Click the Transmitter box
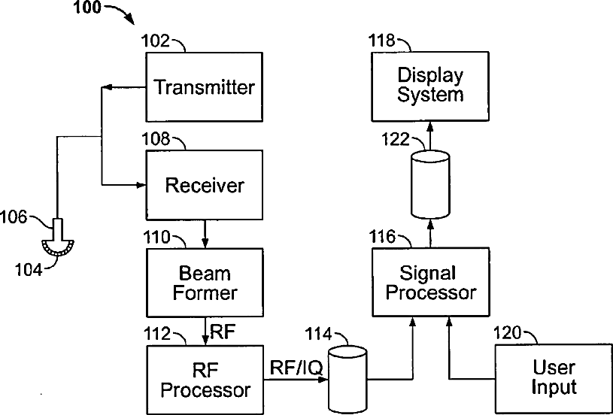204,86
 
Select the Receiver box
204,185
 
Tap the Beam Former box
204,283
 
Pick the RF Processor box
204,380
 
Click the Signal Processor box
430,282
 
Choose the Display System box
430,86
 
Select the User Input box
554,379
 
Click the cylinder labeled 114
347,380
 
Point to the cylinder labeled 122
430,184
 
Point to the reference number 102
155,41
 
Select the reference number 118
382,41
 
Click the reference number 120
507,333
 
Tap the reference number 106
14,217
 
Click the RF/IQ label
297,368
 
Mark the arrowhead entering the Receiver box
141,185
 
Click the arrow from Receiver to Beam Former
204,234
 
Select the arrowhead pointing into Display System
430,126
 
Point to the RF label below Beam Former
223,332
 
